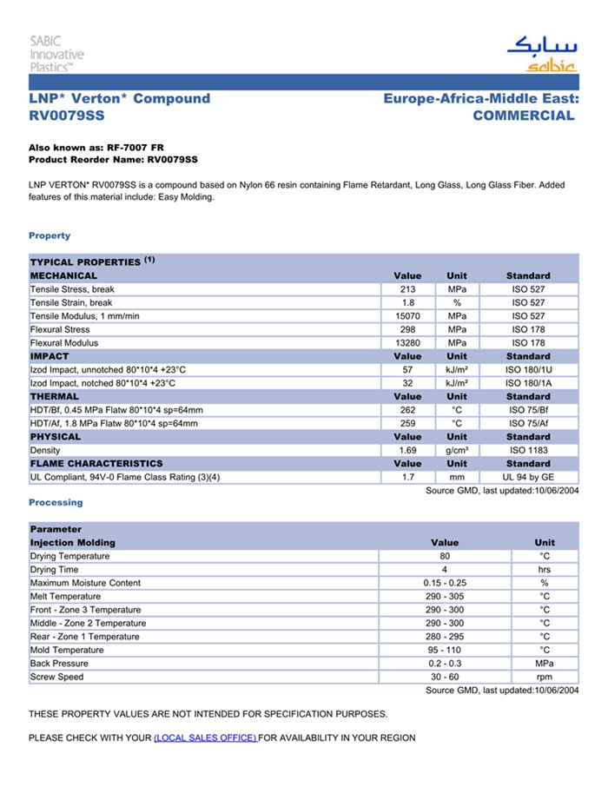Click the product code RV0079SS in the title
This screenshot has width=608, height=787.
click(67, 116)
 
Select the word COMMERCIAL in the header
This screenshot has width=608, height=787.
click(524, 116)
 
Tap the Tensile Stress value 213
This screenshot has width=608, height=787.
click(407, 289)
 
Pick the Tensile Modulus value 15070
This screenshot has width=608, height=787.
click(407, 316)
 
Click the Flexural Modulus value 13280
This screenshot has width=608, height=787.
click(407, 343)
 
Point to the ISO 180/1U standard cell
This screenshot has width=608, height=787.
click(528, 370)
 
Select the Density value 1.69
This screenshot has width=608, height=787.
click(407, 451)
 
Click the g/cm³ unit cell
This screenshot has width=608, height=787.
click(457, 451)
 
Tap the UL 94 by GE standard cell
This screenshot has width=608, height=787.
click(528, 478)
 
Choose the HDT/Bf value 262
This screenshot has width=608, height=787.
click(407, 410)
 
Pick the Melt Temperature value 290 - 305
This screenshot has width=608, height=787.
click(445, 597)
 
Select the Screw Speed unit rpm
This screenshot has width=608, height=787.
click(545, 677)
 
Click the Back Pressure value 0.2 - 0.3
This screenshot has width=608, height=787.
click(445, 664)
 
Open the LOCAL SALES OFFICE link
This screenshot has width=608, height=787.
click(204, 738)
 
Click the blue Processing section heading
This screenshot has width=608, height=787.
click(56, 503)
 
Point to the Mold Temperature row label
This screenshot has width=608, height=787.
click(67, 650)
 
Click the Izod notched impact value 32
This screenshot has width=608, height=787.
click(407, 383)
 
